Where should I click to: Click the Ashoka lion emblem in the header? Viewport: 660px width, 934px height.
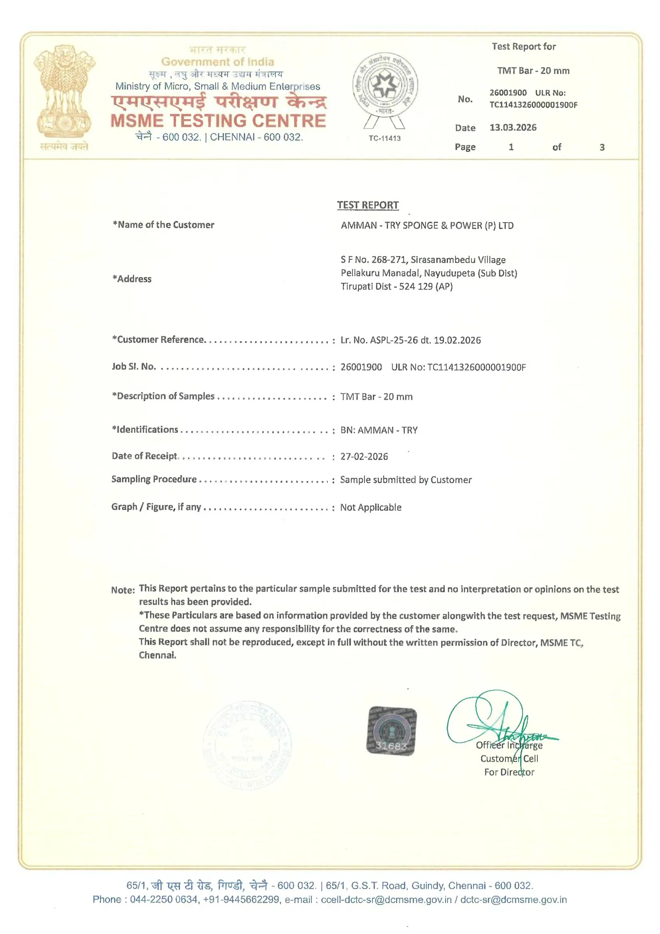64,91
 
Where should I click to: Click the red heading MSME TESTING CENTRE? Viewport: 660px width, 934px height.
218,121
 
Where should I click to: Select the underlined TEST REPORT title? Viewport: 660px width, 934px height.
368,205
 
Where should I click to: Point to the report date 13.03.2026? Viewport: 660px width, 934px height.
513,128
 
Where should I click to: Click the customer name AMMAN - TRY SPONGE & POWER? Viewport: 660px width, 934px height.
427,225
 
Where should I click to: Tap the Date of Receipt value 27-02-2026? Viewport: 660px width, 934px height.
364,457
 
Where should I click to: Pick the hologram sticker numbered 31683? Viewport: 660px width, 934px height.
391,731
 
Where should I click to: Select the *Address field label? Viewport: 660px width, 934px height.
132,279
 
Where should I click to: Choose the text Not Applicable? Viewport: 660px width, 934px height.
371,507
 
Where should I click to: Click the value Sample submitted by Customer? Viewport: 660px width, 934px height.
406,480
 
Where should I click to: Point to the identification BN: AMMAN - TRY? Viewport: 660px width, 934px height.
379,430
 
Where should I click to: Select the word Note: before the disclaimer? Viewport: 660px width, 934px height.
123,590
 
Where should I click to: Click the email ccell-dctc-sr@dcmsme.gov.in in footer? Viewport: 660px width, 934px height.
386,899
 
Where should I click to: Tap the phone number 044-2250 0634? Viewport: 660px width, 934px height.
164,899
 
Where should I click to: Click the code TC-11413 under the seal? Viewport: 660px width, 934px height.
384,138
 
